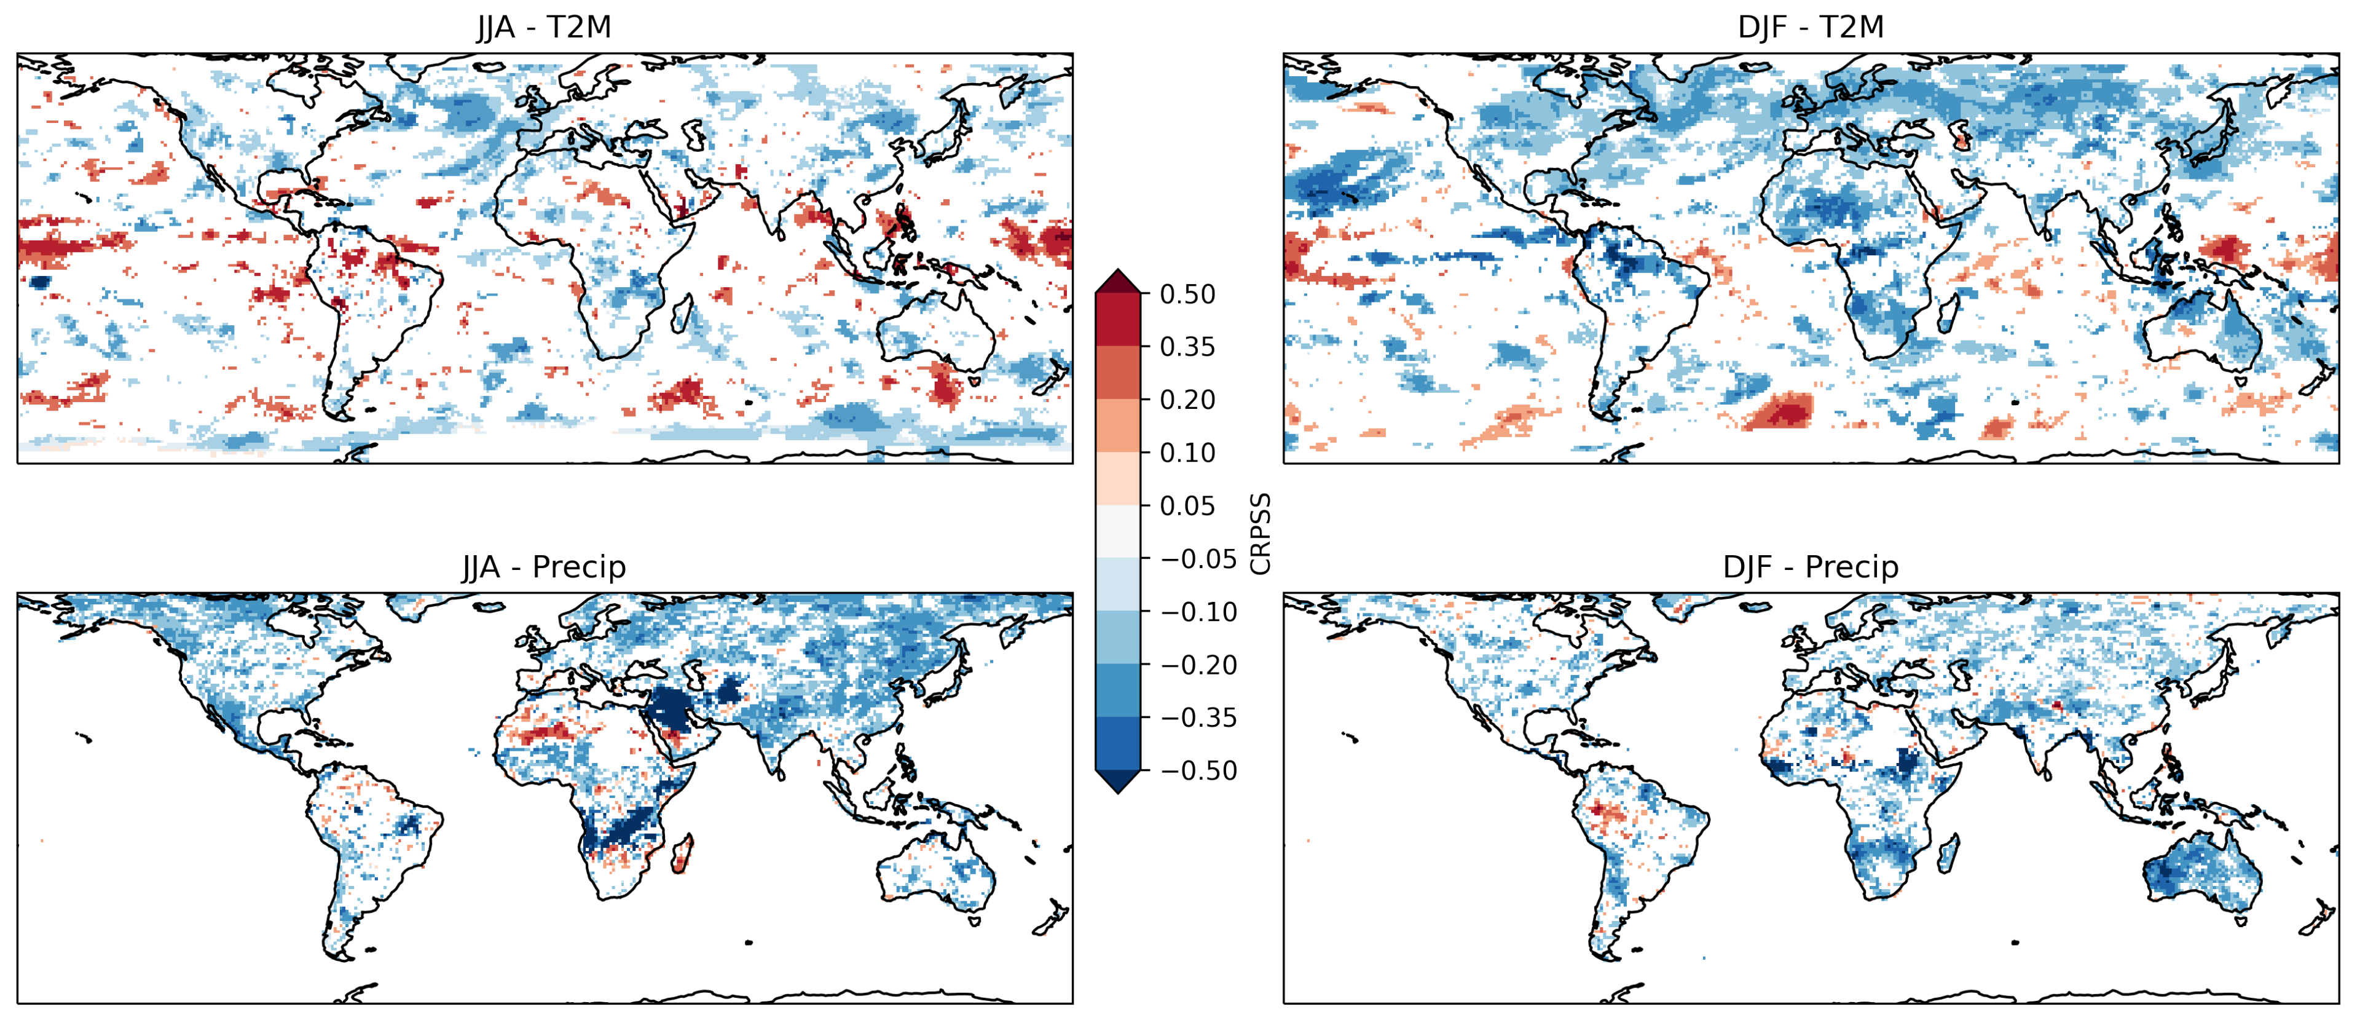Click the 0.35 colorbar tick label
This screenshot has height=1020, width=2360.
[1187, 347]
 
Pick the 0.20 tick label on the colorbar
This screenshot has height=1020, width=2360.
[1187, 400]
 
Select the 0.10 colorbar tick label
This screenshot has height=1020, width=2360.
[1187, 453]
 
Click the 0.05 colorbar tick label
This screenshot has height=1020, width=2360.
[1187, 506]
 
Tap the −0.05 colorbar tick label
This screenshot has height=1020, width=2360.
[1198, 559]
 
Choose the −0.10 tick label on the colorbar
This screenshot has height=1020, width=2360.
[1198, 612]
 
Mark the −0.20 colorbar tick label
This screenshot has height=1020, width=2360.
[1198, 665]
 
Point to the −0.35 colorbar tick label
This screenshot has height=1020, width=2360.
[1198, 718]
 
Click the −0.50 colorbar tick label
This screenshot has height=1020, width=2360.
[1198, 771]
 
